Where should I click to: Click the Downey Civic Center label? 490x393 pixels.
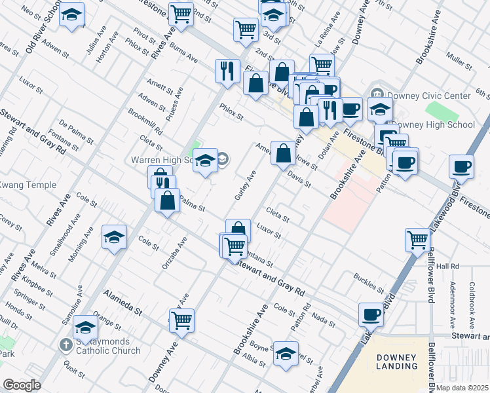point(428,96)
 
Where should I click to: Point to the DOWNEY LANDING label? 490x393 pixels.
point(397,361)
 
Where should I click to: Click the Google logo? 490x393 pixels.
point(22,385)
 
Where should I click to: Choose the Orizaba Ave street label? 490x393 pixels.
point(174,253)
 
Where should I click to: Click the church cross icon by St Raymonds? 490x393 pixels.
point(66,344)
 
